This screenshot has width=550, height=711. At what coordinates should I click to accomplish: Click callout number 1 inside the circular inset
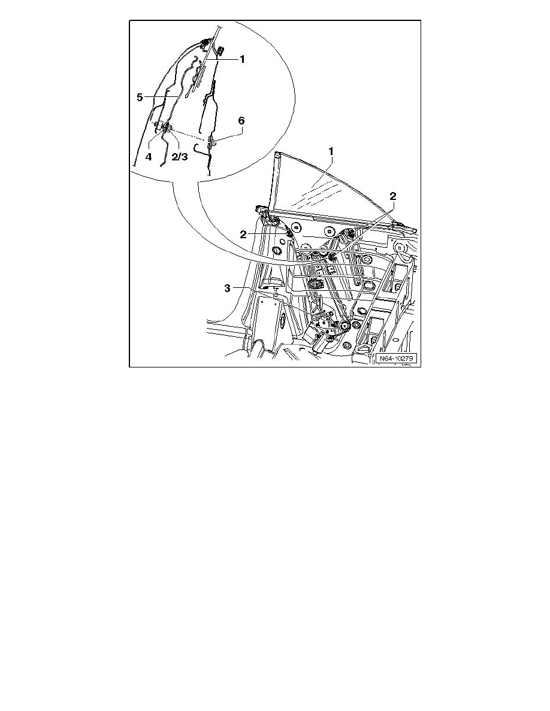[x=242, y=59]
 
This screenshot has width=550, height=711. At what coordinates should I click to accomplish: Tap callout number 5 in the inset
[x=139, y=96]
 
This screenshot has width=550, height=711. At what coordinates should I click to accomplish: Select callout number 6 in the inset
[x=241, y=120]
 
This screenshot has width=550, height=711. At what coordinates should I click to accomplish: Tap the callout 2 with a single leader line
[x=244, y=233]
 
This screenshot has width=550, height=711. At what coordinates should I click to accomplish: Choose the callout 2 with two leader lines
[x=393, y=196]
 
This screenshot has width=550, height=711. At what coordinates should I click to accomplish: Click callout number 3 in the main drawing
[x=228, y=288]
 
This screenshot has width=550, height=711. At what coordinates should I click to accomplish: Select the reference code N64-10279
[x=396, y=359]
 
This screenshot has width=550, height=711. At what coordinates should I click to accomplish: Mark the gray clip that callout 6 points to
[x=211, y=143]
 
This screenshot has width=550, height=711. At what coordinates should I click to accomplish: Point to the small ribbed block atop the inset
[x=220, y=50]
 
